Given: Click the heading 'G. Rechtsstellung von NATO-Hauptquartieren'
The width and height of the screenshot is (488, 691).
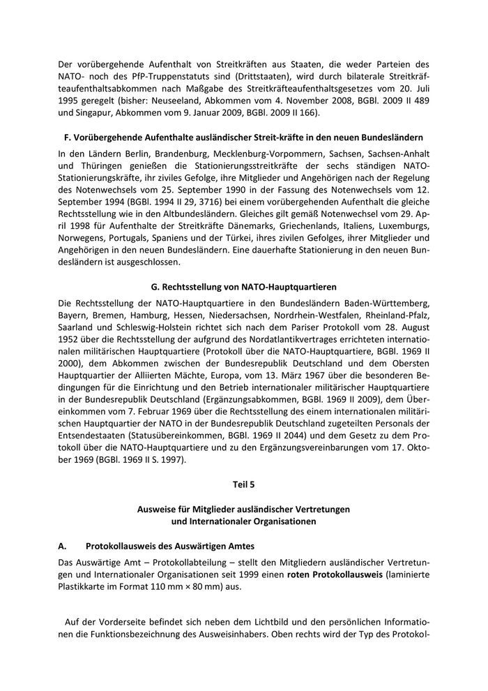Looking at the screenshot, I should pos(243,287).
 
